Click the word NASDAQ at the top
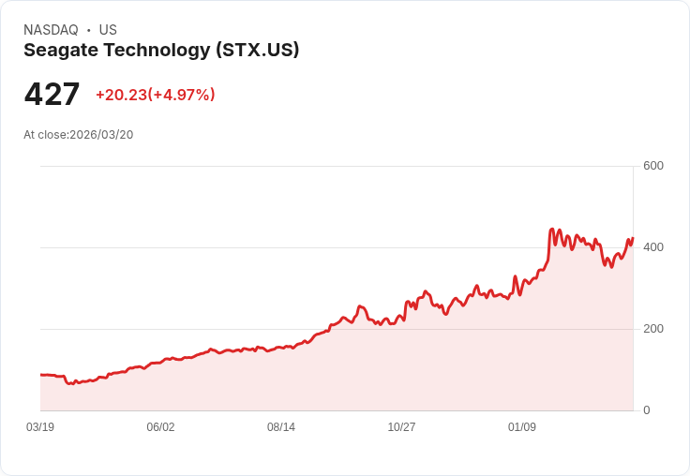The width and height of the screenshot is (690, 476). pyautogui.click(x=51, y=30)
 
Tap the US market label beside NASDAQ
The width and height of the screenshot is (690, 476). pyautogui.click(x=108, y=30)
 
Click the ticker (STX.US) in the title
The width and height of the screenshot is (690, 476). pyautogui.click(x=257, y=51)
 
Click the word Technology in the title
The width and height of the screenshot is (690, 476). pyautogui.click(x=157, y=51)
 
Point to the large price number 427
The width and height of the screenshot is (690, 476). pyautogui.click(x=52, y=95)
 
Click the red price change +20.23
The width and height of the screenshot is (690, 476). pyautogui.click(x=121, y=95)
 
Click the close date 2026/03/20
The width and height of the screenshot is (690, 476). pyautogui.click(x=101, y=135)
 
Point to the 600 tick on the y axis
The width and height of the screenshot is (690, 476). pyautogui.click(x=652, y=166)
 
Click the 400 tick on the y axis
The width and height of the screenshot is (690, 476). pyautogui.click(x=652, y=247)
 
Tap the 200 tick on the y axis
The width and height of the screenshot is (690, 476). pyautogui.click(x=652, y=329)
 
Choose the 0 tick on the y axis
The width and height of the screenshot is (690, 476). pyautogui.click(x=646, y=410)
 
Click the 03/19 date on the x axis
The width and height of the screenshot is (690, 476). pyautogui.click(x=40, y=427)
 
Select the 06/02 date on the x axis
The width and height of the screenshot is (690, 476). pyautogui.click(x=160, y=427)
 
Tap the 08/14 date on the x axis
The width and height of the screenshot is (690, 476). pyautogui.click(x=281, y=427)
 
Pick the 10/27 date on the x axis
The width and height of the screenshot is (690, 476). pyautogui.click(x=401, y=427)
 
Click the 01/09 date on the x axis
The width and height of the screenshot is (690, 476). pyautogui.click(x=522, y=427)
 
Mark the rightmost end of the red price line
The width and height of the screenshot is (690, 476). pyautogui.click(x=633, y=238)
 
